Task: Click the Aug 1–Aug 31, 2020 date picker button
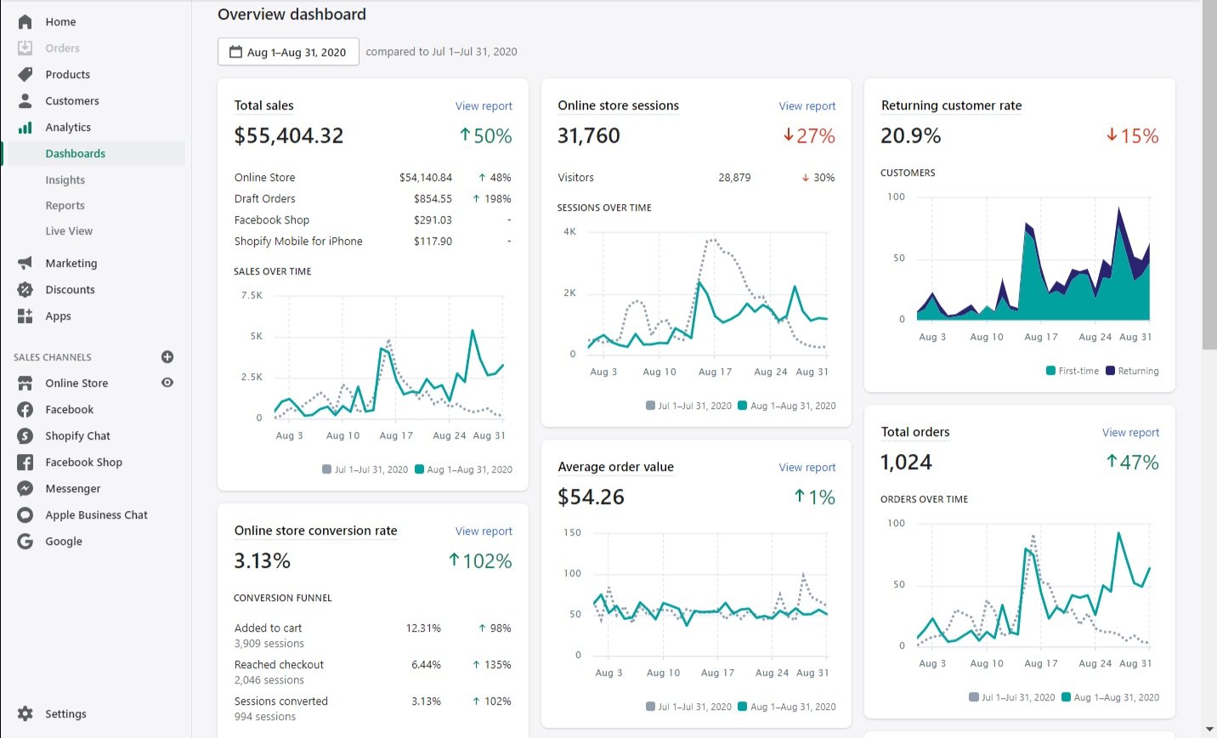click(288, 52)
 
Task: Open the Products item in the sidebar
click(67, 75)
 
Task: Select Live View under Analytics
click(69, 231)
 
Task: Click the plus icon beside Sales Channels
click(167, 357)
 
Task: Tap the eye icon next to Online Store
click(167, 383)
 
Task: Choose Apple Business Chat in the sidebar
click(96, 515)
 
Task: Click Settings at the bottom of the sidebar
click(65, 714)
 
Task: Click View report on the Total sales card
click(484, 106)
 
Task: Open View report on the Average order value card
click(807, 468)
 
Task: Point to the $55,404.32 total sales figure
click(289, 136)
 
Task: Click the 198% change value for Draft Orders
click(497, 199)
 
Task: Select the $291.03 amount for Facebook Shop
click(433, 220)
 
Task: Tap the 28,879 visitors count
click(734, 178)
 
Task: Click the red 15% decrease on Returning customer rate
click(1133, 136)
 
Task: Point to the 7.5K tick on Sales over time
click(252, 296)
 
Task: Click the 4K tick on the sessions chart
click(569, 231)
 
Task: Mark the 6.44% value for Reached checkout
click(426, 665)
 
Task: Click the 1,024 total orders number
click(906, 463)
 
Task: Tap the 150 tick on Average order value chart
click(573, 533)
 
